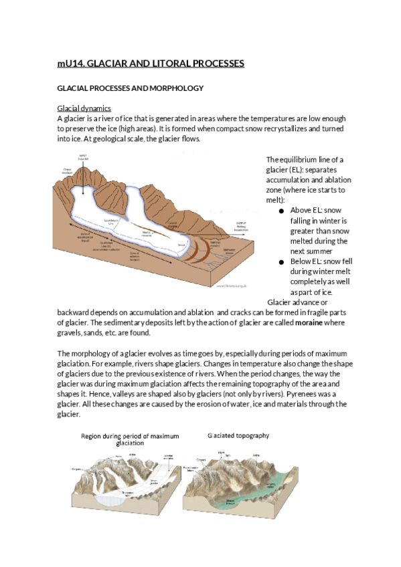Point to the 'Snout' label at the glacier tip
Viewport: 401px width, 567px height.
coord(181,247)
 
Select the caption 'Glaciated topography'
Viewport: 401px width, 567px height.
coord(238,435)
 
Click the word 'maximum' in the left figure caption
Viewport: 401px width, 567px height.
coord(164,436)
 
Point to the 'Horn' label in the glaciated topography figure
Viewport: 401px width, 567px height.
coord(222,453)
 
